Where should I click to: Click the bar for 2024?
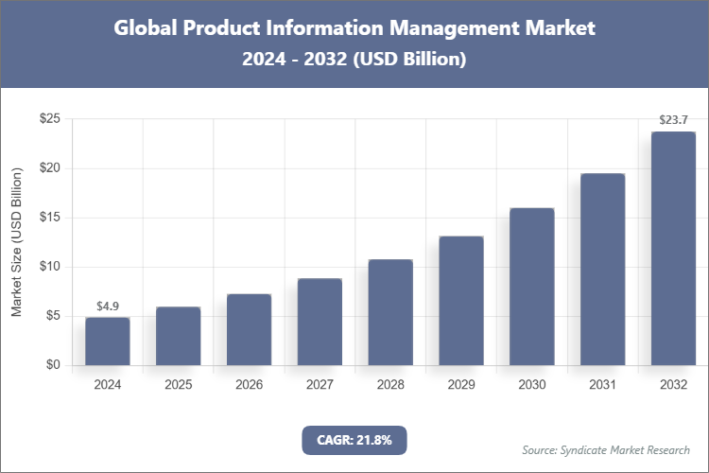click(x=107, y=341)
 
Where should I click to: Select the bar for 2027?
click(x=320, y=322)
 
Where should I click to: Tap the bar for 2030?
click(x=531, y=286)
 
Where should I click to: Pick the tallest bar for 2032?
click(x=673, y=248)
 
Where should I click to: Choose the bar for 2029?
click(x=460, y=300)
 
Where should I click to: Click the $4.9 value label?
click(x=107, y=307)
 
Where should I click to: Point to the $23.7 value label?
click(x=673, y=120)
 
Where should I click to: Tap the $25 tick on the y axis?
click(x=50, y=119)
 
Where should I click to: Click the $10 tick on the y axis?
click(x=50, y=267)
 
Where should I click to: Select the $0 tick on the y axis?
click(x=54, y=365)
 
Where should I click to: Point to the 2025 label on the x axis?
click(x=178, y=385)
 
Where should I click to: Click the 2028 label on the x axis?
click(x=390, y=385)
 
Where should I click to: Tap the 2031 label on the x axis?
click(x=602, y=385)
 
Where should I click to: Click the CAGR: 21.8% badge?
click(x=354, y=439)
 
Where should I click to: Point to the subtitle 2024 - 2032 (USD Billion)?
click(x=354, y=60)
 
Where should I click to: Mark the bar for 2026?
click(x=249, y=329)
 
